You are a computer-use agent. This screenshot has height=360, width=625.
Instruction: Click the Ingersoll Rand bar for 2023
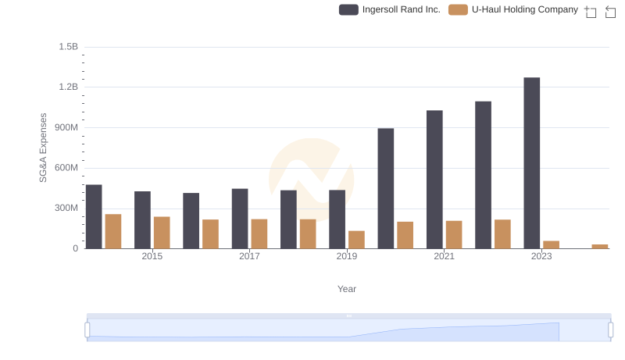click(531, 163)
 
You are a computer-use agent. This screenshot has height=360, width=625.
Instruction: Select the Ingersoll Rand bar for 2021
click(434, 180)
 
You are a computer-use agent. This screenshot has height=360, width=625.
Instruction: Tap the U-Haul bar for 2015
click(162, 233)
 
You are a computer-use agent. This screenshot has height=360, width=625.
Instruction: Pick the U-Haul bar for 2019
click(356, 240)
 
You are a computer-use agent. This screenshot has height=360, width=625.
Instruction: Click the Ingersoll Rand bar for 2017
click(240, 219)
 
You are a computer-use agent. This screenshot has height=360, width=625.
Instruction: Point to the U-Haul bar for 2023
click(551, 244)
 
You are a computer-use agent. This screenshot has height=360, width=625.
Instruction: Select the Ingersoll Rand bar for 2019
click(337, 219)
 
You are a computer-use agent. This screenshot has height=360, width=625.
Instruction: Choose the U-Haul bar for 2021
click(454, 234)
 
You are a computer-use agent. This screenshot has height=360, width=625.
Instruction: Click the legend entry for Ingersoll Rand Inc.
click(390, 10)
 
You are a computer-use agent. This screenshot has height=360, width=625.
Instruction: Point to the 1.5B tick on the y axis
click(68, 47)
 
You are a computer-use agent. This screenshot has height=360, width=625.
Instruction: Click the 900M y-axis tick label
click(65, 127)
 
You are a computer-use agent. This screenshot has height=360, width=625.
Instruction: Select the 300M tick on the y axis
click(65, 209)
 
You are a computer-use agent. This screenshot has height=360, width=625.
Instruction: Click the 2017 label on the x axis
click(249, 256)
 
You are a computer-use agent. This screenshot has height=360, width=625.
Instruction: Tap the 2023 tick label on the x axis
click(541, 256)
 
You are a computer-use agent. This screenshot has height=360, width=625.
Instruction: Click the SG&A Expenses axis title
click(44, 148)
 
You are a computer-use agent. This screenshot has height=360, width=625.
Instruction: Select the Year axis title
click(347, 289)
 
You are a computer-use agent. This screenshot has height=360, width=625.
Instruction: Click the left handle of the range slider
click(87, 330)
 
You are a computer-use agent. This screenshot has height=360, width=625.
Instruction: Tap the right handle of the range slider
click(610, 330)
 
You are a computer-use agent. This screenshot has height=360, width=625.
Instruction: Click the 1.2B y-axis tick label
click(68, 87)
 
